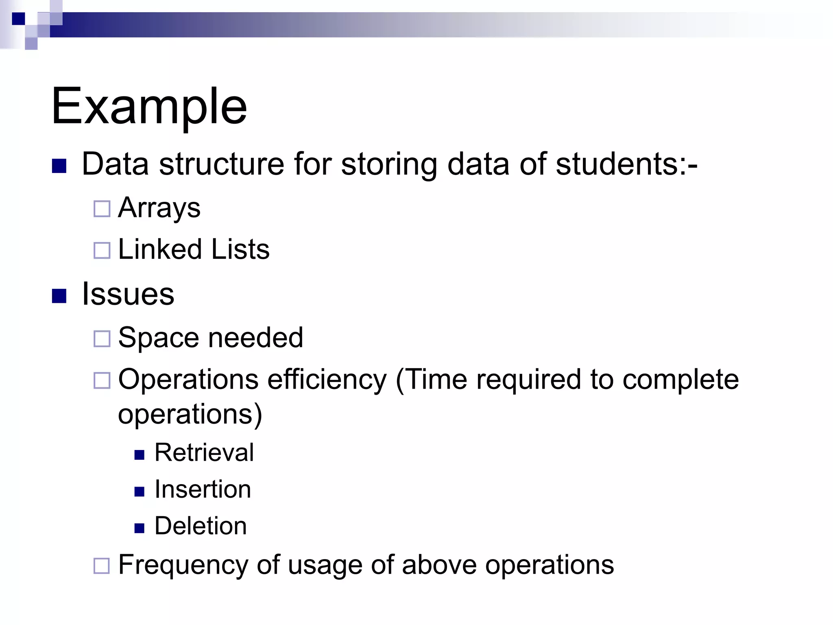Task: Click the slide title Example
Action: (149, 107)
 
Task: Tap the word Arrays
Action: (159, 208)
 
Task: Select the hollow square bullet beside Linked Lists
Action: (102, 250)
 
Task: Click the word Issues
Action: (128, 294)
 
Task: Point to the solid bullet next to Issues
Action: (59, 296)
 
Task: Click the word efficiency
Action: (327, 380)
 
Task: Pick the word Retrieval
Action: (204, 452)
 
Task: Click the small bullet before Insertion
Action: (140, 492)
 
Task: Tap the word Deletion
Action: (201, 526)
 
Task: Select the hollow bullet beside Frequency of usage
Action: (102, 566)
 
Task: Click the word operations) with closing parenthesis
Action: (190, 415)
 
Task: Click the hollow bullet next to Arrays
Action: (102, 209)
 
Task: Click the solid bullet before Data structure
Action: (59, 166)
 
